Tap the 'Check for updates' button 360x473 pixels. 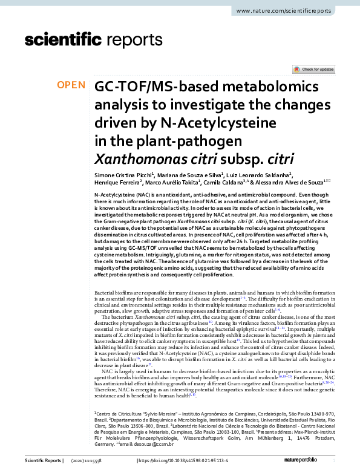coord(313,70)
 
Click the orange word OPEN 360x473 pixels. coord(71,85)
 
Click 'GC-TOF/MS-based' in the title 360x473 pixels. coord(154,86)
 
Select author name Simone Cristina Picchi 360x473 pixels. coord(125,175)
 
